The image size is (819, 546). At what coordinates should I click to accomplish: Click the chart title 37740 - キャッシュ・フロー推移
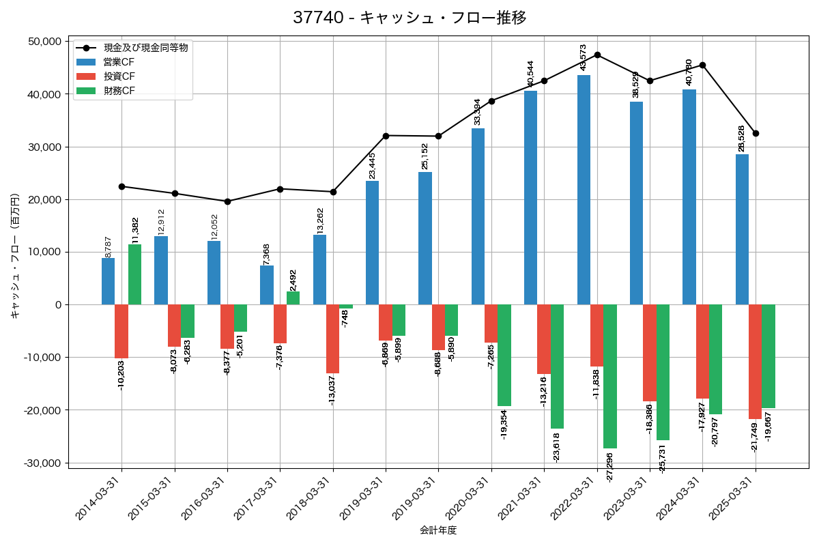[409, 18]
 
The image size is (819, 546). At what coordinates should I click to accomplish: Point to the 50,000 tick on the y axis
[42, 42]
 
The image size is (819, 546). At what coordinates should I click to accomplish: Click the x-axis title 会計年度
[437, 530]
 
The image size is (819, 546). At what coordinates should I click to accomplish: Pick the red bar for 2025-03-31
[755, 362]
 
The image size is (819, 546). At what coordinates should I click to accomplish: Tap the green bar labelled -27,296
[610, 376]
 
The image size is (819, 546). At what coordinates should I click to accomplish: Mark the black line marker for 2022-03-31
[597, 55]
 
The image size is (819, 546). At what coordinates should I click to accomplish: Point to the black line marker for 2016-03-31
[227, 201]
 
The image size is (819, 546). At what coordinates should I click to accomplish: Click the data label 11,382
[136, 230]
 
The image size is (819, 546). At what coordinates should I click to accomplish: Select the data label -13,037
[332, 390]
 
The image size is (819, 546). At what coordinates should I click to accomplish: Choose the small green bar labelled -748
[346, 306]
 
